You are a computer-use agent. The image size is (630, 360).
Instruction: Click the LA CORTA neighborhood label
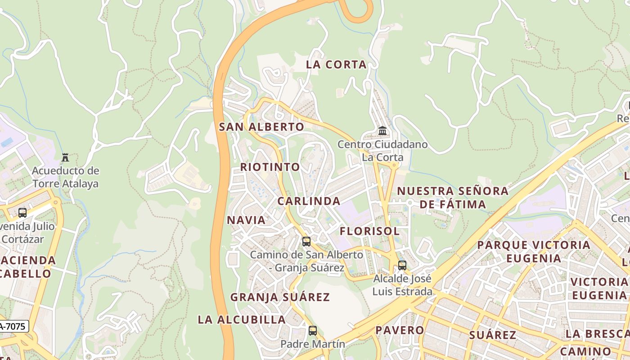click(336, 65)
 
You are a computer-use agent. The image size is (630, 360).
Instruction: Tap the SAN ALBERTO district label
click(261, 127)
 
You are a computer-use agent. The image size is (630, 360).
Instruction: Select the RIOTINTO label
click(270, 167)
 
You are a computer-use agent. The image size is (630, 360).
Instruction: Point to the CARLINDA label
click(309, 201)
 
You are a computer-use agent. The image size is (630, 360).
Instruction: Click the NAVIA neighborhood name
click(246, 220)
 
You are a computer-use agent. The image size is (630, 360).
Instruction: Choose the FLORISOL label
click(369, 231)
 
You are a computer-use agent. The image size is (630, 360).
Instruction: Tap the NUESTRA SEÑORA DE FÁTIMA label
click(453, 198)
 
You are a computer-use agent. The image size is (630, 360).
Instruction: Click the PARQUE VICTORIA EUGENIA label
click(534, 252)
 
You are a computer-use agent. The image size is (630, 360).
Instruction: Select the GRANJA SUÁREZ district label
click(280, 297)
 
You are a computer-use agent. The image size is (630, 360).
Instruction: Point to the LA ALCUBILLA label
click(242, 320)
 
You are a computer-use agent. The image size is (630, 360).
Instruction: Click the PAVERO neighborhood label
click(400, 330)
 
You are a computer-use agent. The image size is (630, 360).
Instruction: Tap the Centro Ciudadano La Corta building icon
click(382, 131)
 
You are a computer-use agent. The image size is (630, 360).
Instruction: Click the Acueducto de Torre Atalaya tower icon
click(65, 157)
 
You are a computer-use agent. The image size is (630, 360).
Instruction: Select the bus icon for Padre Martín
click(312, 331)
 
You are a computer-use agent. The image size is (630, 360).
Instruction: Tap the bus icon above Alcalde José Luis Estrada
click(402, 265)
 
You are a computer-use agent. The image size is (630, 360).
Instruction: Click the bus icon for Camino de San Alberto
click(306, 242)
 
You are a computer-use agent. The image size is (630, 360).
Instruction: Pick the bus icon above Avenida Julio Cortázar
click(22, 213)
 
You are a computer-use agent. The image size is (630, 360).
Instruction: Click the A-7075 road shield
click(13, 327)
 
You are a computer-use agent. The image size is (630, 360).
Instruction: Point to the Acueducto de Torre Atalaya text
click(65, 177)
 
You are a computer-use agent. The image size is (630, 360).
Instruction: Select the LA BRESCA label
click(597, 334)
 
